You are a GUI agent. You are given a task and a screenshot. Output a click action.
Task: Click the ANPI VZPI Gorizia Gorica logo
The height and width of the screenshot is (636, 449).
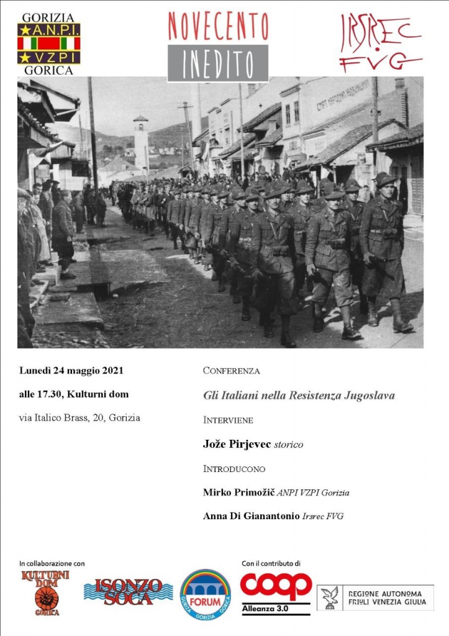tap(48, 43)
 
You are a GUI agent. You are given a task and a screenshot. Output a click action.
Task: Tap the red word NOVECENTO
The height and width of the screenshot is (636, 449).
tap(218, 26)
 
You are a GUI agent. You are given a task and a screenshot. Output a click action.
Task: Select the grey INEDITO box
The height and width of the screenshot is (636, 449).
tap(218, 63)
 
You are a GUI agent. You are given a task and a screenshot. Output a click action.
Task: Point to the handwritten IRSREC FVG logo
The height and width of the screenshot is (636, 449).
tap(380, 42)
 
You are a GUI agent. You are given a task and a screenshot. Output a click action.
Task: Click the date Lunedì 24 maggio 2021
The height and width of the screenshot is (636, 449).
tap(71, 371)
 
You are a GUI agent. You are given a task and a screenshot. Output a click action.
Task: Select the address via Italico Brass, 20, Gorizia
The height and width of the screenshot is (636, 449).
tap(79, 417)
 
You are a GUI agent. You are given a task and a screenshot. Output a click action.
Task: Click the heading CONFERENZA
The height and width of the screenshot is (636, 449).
tap(231, 371)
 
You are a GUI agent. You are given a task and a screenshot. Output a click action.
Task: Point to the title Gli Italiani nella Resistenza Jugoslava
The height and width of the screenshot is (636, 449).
tap(299, 395)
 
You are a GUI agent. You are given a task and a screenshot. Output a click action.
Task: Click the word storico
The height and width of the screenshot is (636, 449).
tap(289, 445)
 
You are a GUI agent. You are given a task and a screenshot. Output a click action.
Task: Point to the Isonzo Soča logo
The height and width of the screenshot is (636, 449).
tap(128, 593)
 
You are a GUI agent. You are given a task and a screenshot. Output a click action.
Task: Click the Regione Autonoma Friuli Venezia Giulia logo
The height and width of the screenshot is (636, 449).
tap(375, 597)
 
